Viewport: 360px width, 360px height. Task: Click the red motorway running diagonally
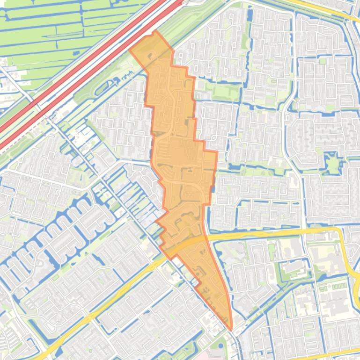(84, 75)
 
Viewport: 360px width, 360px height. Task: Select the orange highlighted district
(180, 154)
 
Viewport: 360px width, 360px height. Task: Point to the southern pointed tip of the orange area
(231, 329)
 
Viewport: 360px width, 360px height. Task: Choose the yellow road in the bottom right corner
(337, 353)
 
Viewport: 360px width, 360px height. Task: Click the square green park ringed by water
(333, 164)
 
